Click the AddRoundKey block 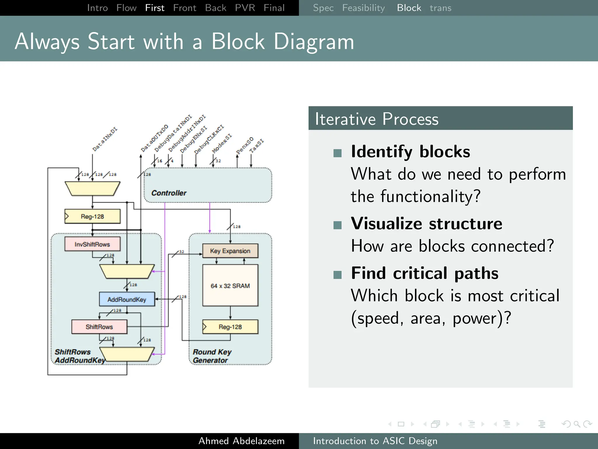[127, 299]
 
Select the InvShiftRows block [92, 244]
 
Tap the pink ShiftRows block [99, 327]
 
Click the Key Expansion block [230, 251]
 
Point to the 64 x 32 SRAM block [230, 286]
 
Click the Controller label [169, 193]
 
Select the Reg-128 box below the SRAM [230, 327]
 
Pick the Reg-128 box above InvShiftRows [92, 216]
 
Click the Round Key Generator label [212, 356]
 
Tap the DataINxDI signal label [105, 139]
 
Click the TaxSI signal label [256, 146]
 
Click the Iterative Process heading [376, 119]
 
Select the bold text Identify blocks [410, 151]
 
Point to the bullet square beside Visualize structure [338, 225]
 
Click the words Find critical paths [425, 273]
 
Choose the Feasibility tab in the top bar [363, 8]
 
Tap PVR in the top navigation [245, 8]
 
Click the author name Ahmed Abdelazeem [241, 441]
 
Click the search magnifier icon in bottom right [577, 424]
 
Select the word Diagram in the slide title [314, 42]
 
